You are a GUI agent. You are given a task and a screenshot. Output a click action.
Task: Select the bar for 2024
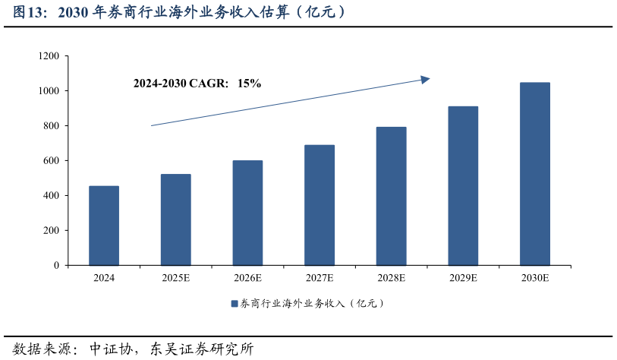[x=104, y=226]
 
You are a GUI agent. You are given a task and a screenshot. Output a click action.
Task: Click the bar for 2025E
[x=175, y=219]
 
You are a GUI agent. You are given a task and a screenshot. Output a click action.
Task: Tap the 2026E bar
[x=247, y=213]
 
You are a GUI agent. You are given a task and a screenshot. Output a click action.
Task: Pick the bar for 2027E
[x=320, y=205]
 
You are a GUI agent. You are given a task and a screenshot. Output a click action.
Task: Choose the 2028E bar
[x=391, y=196]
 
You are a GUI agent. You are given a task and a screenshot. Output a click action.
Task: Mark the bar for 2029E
[x=463, y=186]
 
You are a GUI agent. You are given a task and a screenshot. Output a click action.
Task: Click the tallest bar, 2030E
[x=534, y=174]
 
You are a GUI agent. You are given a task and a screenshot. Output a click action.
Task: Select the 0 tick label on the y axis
[x=56, y=266]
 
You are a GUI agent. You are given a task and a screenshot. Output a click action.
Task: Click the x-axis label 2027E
[x=320, y=279]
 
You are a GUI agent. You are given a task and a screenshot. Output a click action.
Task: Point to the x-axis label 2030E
[x=534, y=279]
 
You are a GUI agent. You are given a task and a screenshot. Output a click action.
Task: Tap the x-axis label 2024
[x=104, y=279]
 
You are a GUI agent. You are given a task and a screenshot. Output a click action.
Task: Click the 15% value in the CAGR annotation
[x=249, y=84]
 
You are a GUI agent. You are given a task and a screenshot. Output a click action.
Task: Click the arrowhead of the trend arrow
[x=426, y=78]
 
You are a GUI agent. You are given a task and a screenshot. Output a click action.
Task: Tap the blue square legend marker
[x=235, y=304]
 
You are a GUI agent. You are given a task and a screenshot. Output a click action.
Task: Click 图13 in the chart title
[x=29, y=13]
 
